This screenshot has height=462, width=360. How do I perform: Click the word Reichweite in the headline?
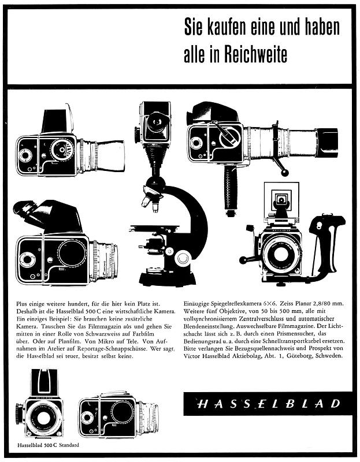(x=255, y=54)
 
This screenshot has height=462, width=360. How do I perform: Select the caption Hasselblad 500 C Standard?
(x=48, y=445)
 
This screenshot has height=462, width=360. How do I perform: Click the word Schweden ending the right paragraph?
(x=329, y=355)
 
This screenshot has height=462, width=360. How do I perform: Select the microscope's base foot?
(x=168, y=278)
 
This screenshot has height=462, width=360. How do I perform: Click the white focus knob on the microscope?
(x=183, y=258)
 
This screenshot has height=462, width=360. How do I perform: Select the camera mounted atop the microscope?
(x=153, y=123)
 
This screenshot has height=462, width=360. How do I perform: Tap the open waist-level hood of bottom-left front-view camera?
(x=44, y=382)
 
